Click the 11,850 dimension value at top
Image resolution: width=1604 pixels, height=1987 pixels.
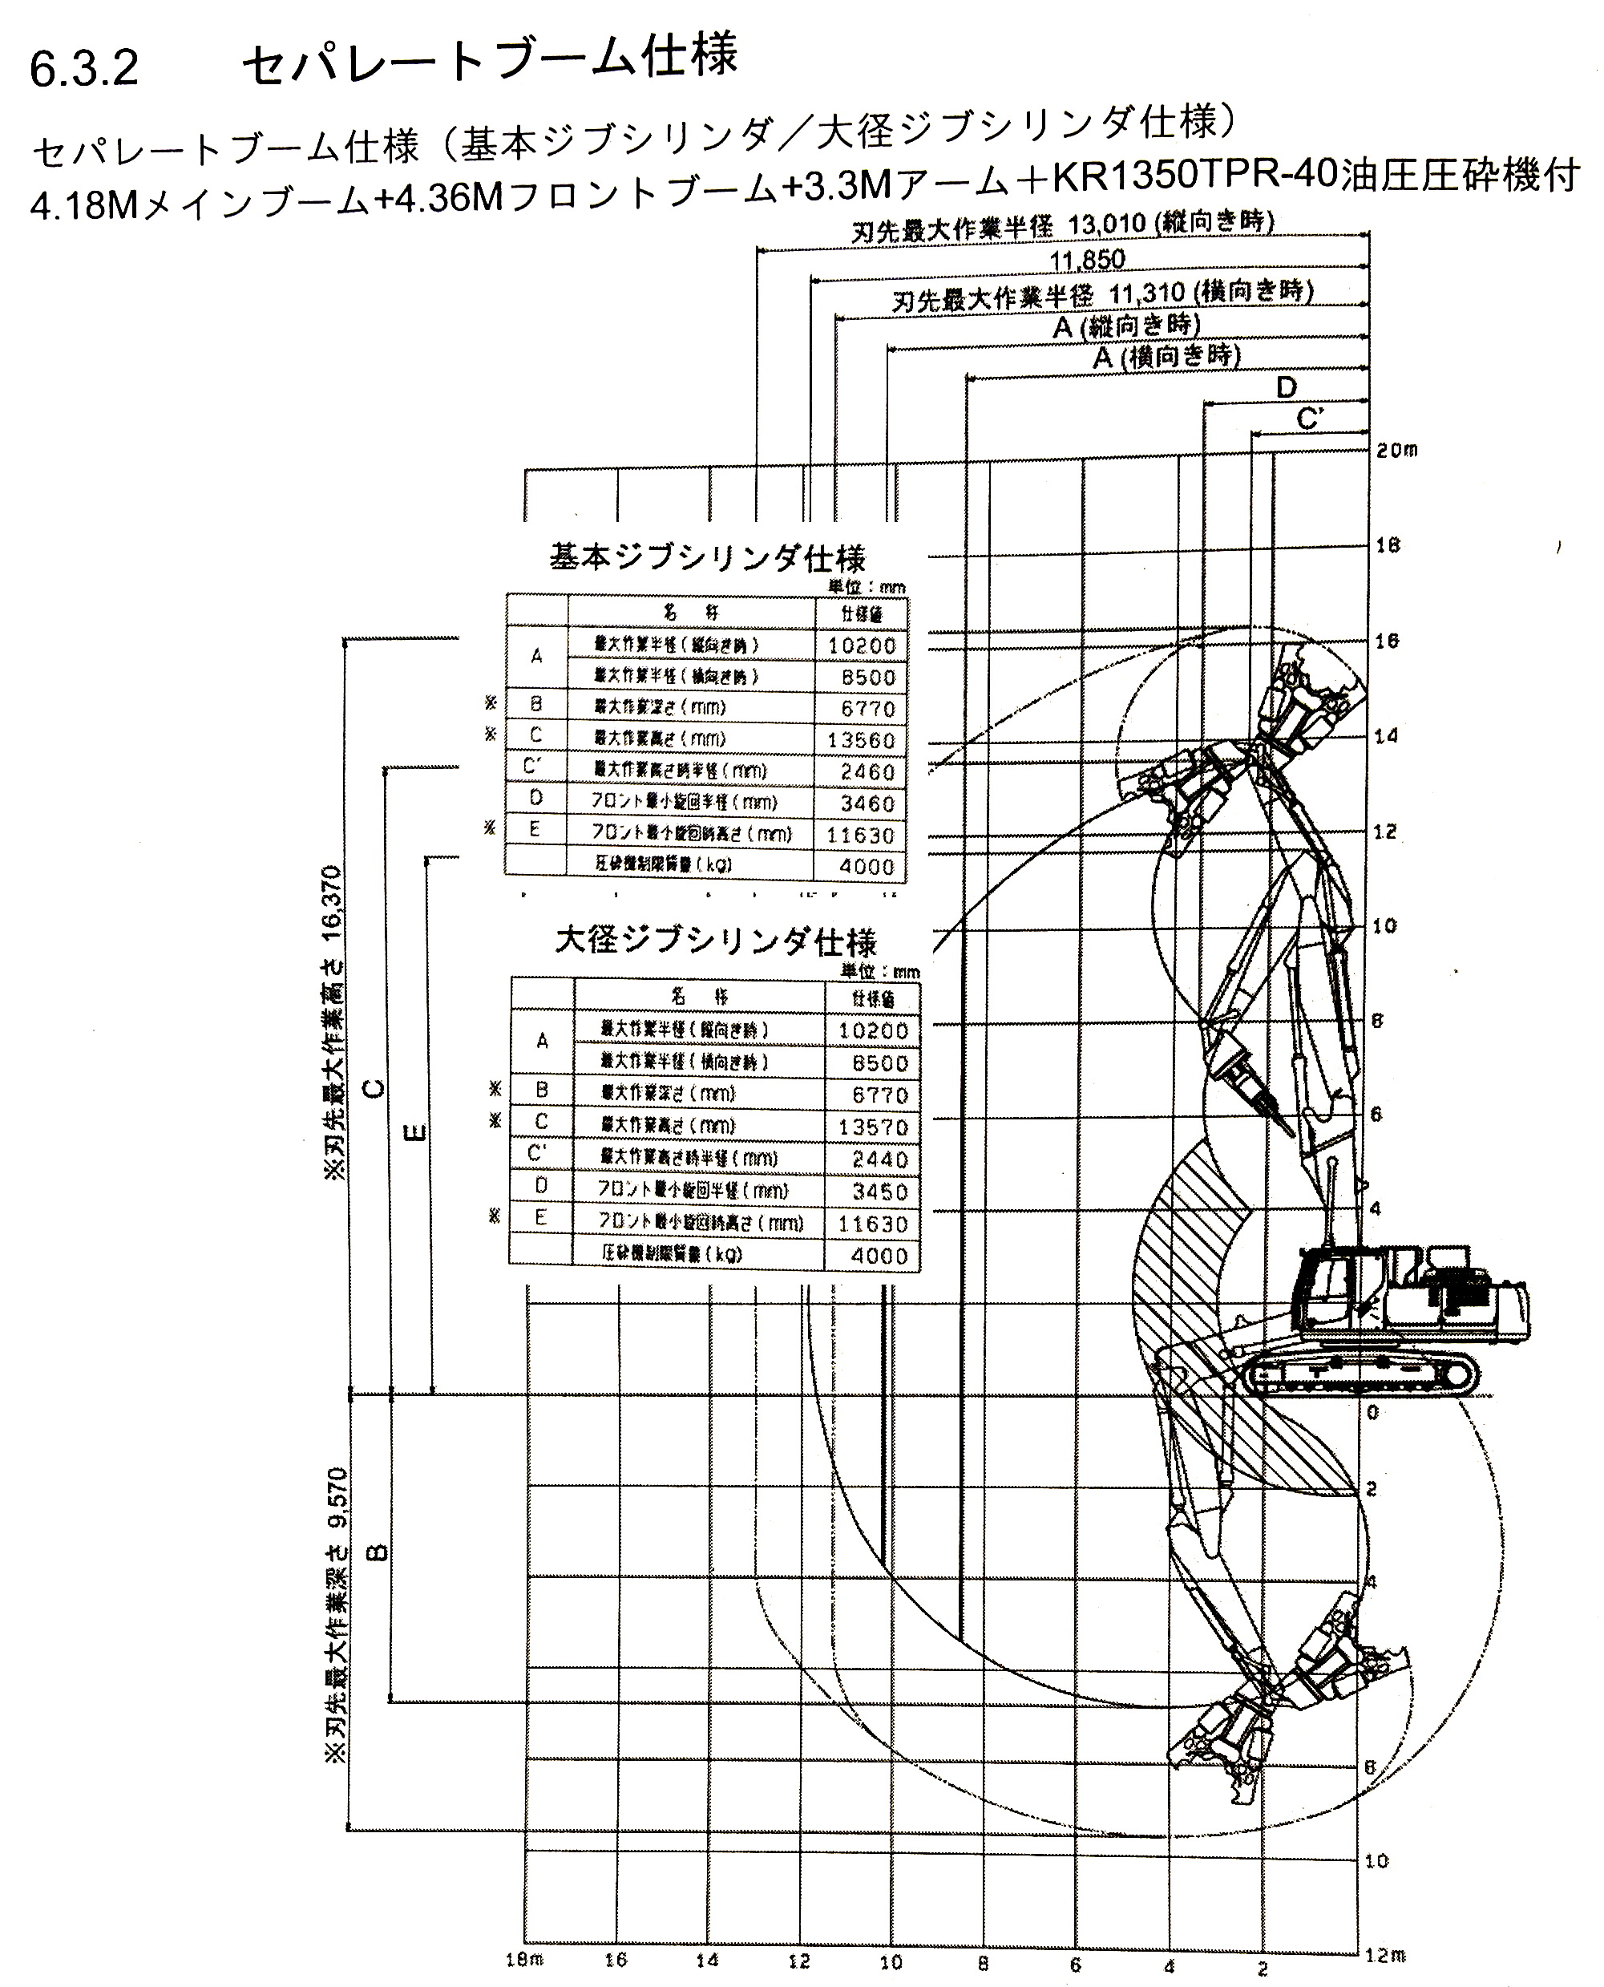tap(1088, 261)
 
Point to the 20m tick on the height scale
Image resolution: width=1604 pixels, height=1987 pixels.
tap(1396, 451)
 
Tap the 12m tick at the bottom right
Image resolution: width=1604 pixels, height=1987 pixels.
tap(1385, 1955)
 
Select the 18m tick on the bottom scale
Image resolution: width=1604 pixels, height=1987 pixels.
tap(524, 1959)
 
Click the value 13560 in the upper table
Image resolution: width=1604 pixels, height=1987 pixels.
tap(861, 740)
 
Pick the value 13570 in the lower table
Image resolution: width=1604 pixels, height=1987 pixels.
tap(873, 1127)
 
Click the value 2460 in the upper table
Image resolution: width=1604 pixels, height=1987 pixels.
tap(867, 771)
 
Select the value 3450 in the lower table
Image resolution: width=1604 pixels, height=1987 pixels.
tap(879, 1192)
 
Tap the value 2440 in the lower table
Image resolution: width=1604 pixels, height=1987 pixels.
tap(879, 1159)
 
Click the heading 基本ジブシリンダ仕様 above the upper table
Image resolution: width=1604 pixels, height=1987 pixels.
tap(708, 558)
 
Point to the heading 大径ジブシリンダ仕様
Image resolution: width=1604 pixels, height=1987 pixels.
tap(715, 943)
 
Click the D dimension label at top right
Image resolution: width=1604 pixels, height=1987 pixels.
tap(1286, 388)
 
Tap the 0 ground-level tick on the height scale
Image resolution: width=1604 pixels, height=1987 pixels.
tap(1373, 1412)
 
